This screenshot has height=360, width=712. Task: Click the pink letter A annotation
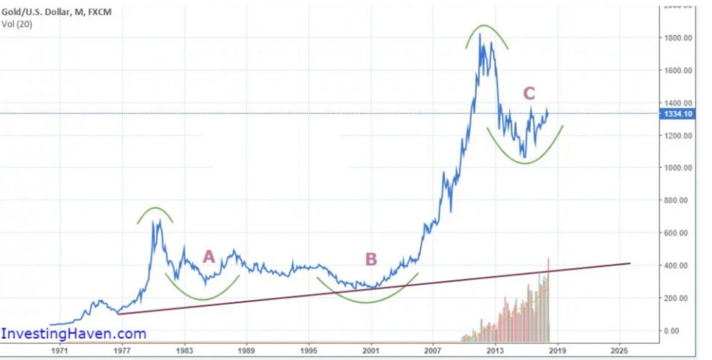pyautogui.click(x=208, y=257)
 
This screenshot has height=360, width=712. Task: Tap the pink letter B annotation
pyautogui.click(x=371, y=259)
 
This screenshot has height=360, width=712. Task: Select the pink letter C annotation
pyautogui.click(x=529, y=94)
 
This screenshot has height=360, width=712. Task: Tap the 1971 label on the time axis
pyautogui.click(x=59, y=349)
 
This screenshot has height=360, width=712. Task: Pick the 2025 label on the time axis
pyautogui.click(x=619, y=349)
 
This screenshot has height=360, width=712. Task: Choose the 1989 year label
pyautogui.click(x=246, y=349)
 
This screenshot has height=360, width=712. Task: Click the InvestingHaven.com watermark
pyautogui.click(x=74, y=334)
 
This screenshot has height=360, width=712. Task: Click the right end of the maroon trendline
pyautogui.click(x=629, y=263)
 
